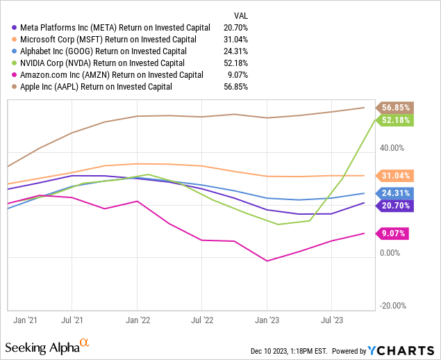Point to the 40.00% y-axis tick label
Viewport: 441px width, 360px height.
pos(392,148)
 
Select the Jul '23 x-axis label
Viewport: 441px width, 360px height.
pos(331,320)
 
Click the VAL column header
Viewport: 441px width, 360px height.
pos(239,14)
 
